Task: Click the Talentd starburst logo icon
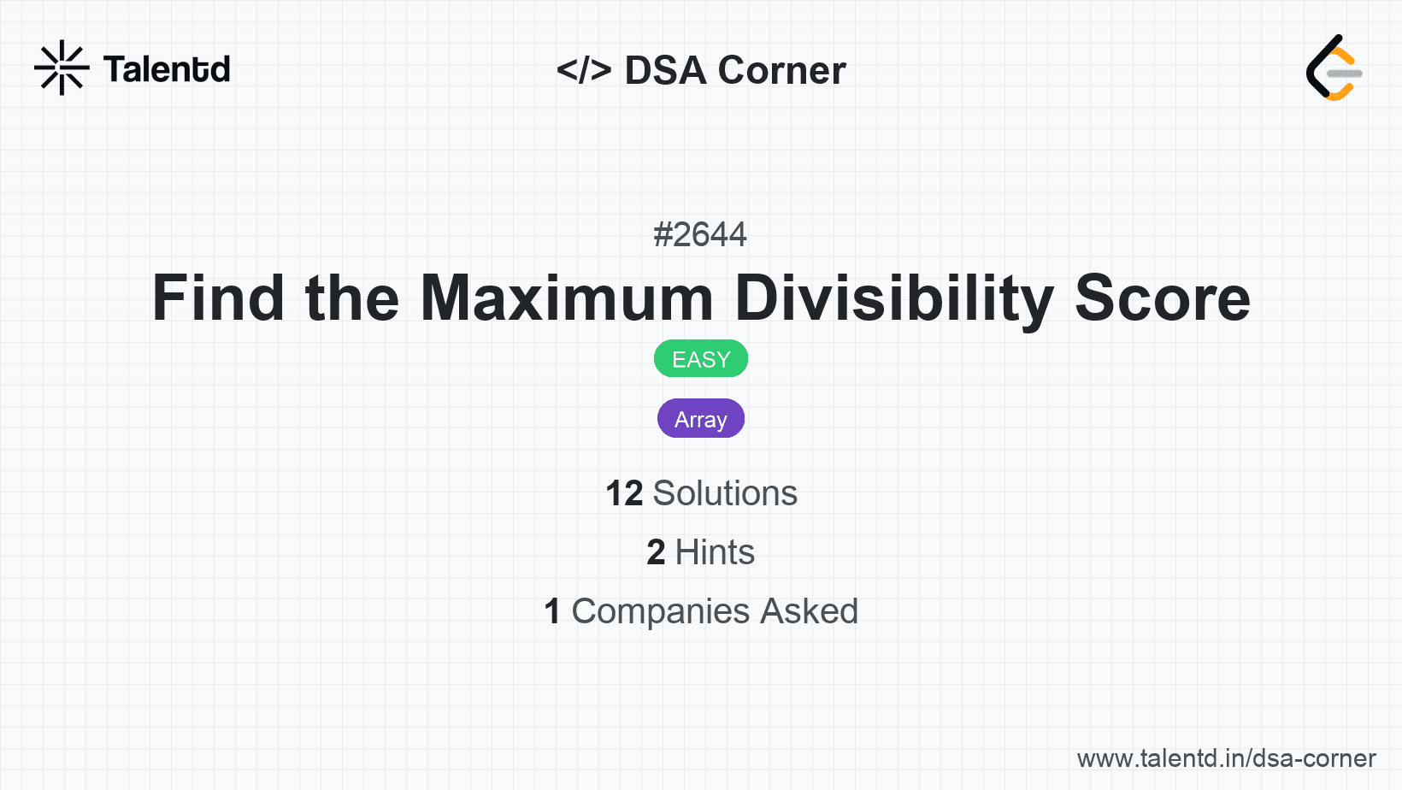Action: pyautogui.click(x=62, y=68)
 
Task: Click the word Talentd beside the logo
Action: pyautogui.click(x=167, y=69)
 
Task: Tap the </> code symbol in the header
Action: pyautogui.click(x=584, y=70)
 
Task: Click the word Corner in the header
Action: pyautogui.click(x=781, y=70)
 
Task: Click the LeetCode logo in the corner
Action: pyautogui.click(x=1334, y=68)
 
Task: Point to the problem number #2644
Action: pyautogui.click(x=700, y=234)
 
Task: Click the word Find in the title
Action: pyautogui.click(x=218, y=298)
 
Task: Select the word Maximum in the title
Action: pyautogui.click(x=566, y=298)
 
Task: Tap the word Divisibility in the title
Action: pyautogui.click(x=893, y=298)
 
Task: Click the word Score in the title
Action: pyautogui.click(x=1162, y=298)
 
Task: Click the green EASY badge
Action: pyautogui.click(x=701, y=359)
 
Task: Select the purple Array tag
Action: pyautogui.click(x=701, y=419)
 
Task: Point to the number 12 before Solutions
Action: pyautogui.click(x=624, y=493)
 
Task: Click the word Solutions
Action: pyautogui.click(x=725, y=493)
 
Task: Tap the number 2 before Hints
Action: pyautogui.click(x=656, y=552)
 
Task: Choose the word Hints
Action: pyautogui.click(x=715, y=552)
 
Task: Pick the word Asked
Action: pyautogui.click(x=809, y=611)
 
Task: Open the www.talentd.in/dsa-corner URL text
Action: pyautogui.click(x=1226, y=758)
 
